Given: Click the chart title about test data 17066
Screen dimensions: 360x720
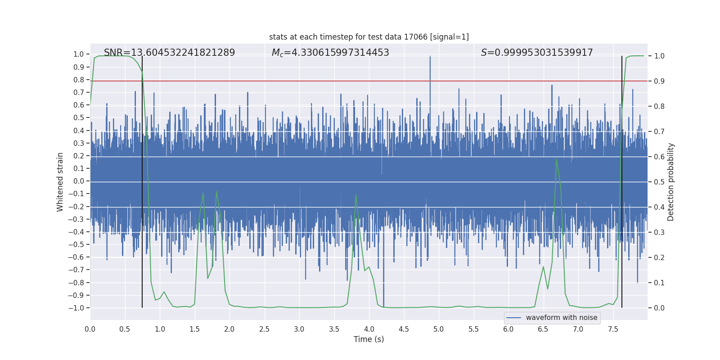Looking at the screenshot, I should (369, 37).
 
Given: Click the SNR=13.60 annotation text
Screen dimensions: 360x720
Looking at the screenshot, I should (169, 53).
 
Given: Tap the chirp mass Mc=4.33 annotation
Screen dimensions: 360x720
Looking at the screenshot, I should (330, 53).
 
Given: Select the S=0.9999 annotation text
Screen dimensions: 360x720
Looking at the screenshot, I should (536, 53).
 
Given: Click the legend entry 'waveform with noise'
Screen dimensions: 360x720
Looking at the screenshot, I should (561, 318).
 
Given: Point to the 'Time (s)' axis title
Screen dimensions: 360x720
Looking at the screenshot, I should (369, 339).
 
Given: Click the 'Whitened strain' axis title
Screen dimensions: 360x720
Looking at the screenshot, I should (60, 182).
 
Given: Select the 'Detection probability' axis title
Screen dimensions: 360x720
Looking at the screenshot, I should (671, 182).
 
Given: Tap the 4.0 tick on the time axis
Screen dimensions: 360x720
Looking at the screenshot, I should (369, 329).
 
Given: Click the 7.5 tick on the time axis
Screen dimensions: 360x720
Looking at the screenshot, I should (613, 329).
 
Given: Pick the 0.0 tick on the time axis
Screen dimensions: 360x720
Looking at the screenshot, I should (90, 329).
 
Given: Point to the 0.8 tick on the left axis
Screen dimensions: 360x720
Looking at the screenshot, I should (79, 80).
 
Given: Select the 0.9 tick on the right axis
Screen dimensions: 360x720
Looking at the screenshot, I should (659, 81).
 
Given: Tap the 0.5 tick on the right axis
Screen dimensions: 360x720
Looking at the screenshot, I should (659, 182).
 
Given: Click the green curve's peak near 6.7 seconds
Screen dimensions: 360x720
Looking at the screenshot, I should (557, 159).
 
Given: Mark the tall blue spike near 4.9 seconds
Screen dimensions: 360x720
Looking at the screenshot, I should (430, 57).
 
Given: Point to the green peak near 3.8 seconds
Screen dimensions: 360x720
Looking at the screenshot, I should (356, 194).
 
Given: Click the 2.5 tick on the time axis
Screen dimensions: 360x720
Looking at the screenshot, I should (264, 329).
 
